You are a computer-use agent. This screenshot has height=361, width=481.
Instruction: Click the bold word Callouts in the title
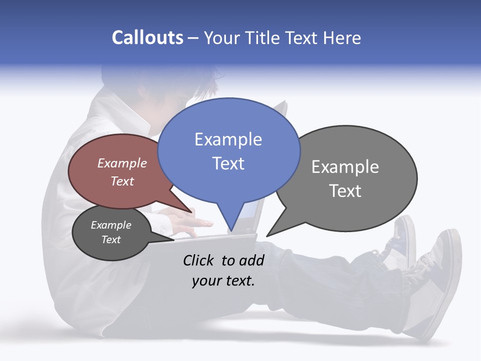[147, 38]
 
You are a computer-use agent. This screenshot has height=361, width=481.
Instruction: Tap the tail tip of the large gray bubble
[267, 236]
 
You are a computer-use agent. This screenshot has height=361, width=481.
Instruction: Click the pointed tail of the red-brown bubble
[191, 212]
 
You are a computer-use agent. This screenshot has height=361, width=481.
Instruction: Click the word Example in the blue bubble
[228, 139]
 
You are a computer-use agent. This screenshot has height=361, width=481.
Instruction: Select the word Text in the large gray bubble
[345, 191]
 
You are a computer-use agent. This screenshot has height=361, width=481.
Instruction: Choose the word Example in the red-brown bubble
[122, 163]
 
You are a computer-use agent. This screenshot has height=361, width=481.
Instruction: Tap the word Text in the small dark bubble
[111, 240]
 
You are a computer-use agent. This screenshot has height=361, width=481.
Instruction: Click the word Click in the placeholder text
[199, 260]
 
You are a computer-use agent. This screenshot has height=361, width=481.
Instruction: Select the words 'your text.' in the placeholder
[223, 281]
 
